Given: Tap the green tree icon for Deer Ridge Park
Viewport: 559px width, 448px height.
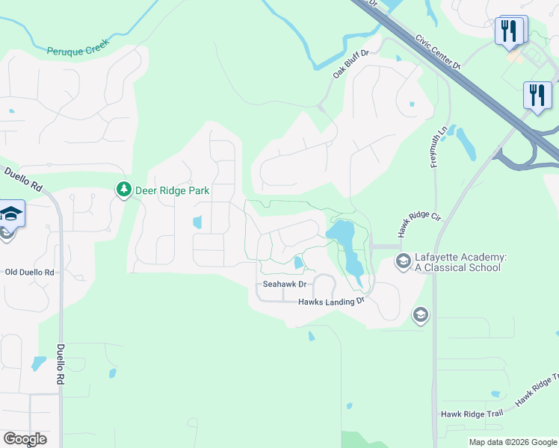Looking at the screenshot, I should pos(123,190).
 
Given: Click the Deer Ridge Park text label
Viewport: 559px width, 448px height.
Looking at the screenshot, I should pos(172,190).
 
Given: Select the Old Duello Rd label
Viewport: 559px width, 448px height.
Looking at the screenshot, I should pos(29,273).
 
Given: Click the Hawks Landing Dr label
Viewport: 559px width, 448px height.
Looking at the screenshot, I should pos(330,302).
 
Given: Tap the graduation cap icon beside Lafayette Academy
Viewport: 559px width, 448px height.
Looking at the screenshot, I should pos(403,261).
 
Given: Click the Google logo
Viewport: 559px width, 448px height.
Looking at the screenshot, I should pos(25,439).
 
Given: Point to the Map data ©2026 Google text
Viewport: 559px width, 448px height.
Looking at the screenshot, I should pos(512,442).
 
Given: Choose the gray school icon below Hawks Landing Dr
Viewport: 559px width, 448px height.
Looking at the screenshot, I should pos(420,315).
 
